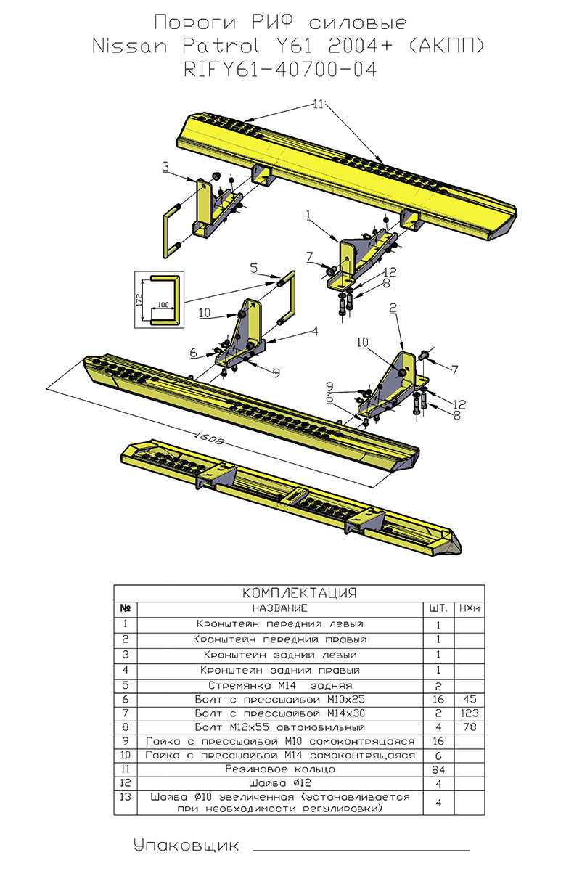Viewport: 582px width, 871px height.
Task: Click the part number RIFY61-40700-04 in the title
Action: point(291,70)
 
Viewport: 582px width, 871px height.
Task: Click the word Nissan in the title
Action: point(131,46)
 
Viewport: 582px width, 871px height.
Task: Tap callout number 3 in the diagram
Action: point(166,168)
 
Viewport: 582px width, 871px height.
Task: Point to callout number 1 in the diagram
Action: point(308,215)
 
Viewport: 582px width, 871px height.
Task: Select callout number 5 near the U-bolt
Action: point(253,268)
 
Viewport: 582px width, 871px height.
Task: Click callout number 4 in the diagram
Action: point(315,331)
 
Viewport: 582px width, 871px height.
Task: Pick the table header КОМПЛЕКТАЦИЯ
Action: point(298,592)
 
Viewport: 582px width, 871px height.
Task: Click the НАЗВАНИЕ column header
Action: point(279,608)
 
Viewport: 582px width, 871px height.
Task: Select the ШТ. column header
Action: point(439,608)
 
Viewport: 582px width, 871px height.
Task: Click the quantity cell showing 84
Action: point(439,769)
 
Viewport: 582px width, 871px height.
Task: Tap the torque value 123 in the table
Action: point(468,713)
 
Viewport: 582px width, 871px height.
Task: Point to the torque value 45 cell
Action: point(468,698)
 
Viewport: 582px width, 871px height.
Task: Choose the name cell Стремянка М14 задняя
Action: point(279,684)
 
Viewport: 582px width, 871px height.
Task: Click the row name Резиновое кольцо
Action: point(279,769)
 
